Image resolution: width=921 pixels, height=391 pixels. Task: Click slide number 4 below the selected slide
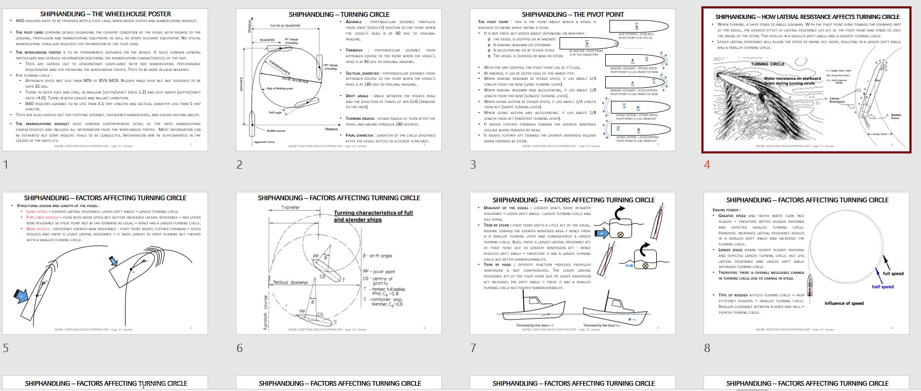click(707, 164)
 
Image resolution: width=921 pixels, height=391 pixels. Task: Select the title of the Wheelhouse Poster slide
click(106, 14)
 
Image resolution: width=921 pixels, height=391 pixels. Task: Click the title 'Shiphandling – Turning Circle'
click(339, 14)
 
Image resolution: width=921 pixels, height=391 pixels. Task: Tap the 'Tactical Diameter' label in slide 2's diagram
click(285, 26)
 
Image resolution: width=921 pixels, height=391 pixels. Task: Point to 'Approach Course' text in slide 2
click(264, 141)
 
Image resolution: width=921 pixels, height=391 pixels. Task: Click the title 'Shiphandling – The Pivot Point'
click(573, 14)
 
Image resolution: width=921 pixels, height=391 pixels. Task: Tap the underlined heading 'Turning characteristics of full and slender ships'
click(373, 216)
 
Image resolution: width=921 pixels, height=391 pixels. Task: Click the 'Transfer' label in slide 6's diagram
click(291, 208)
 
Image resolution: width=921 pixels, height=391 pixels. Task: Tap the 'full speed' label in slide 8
click(893, 273)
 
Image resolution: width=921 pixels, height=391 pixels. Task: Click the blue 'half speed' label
click(883, 286)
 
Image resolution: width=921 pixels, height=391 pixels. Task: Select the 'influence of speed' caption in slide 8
click(844, 303)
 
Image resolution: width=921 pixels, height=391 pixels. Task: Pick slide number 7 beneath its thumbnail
click(473, 348)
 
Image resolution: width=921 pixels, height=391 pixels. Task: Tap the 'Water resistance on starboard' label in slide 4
click(792, 79)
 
